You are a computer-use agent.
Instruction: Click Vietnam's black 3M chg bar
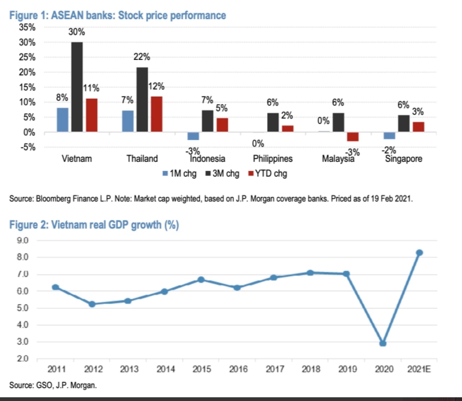point(77,87)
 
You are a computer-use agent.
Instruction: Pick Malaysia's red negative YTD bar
point(353,136)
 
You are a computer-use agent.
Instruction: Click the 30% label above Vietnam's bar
point(77,32)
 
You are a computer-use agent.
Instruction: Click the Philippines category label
point(273,158)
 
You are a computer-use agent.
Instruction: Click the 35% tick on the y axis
point(27,27)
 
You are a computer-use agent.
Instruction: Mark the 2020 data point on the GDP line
point(383,343)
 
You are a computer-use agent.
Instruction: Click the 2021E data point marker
point(420,252)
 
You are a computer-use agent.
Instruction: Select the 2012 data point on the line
point(92,304)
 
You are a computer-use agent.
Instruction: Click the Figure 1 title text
point(118,15)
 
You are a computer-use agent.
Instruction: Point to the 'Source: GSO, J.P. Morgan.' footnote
point(53,384)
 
